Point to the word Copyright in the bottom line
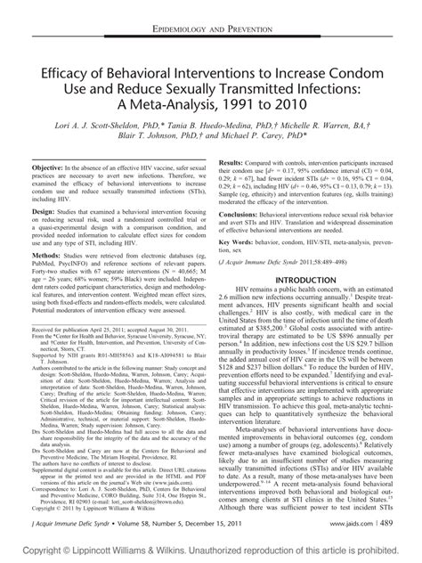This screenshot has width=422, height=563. [x=27, y=553]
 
